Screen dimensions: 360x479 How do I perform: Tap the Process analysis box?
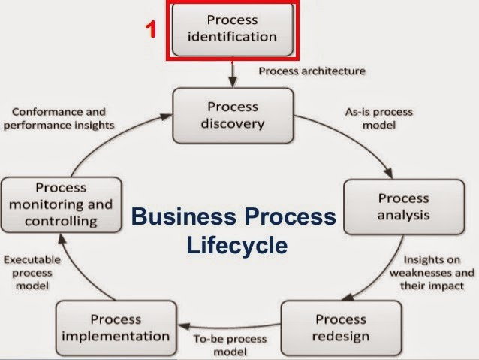(x=403, y=207)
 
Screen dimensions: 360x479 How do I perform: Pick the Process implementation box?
(x=115, y=328)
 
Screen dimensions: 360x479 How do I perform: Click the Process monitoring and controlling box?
(x=61, y=203)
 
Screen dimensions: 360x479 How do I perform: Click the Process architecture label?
(x=312, y=71)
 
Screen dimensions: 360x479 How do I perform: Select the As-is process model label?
(x=379, y=119)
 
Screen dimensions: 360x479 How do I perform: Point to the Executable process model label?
(x=32, y=273)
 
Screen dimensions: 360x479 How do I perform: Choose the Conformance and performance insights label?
(x=59, y=119)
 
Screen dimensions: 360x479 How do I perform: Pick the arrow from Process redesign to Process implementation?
(x=225, y=328)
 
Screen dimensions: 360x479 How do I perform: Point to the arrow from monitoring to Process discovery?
(x=113, y=143)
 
